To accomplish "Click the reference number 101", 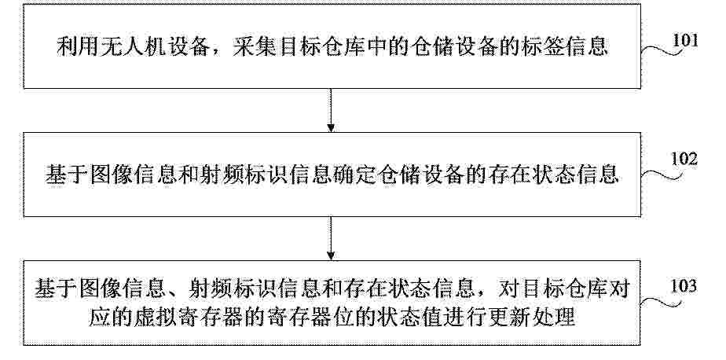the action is pyautogui.click(x=685, y=41).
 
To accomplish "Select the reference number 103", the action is pyautogui.click(x=684, y=286).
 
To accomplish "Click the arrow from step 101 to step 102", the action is pyautogui.click(x=331, y=110).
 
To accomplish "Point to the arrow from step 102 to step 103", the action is pyautogui.click(x=331, y=238).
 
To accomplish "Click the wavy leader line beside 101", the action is pyautogui.click(x=662, y=50).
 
